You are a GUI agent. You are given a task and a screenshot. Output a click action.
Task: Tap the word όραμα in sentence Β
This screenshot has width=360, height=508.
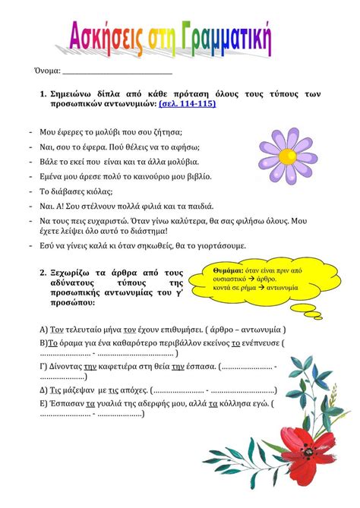point(74,342)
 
